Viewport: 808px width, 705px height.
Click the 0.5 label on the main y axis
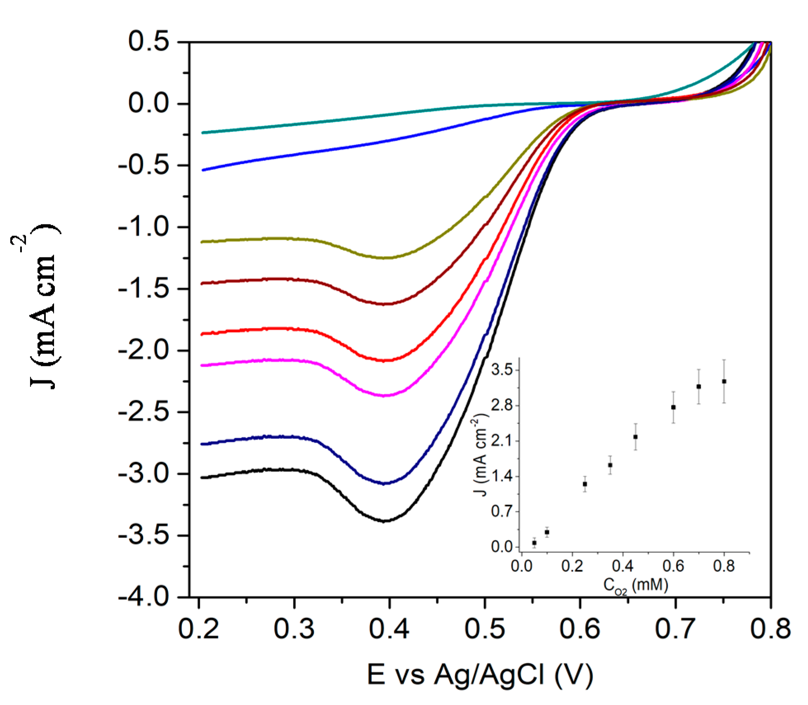148,41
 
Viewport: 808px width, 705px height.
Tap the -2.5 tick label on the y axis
143,412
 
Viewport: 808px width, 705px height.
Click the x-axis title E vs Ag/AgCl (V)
480,675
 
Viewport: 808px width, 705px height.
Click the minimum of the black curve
384,521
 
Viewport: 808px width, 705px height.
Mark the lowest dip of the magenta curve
384,396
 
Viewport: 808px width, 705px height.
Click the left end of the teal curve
202,133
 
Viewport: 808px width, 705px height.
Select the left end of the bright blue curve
202,170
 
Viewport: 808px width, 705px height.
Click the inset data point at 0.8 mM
724,381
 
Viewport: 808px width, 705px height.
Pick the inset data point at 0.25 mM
585,484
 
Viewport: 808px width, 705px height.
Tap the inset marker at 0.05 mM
534,543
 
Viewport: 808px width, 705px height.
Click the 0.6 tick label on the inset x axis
673,566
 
